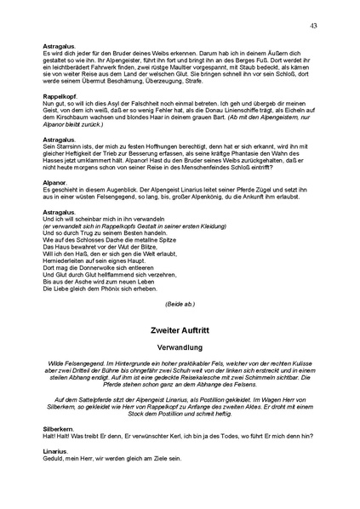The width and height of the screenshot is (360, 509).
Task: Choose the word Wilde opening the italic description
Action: (x=61, y=363)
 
